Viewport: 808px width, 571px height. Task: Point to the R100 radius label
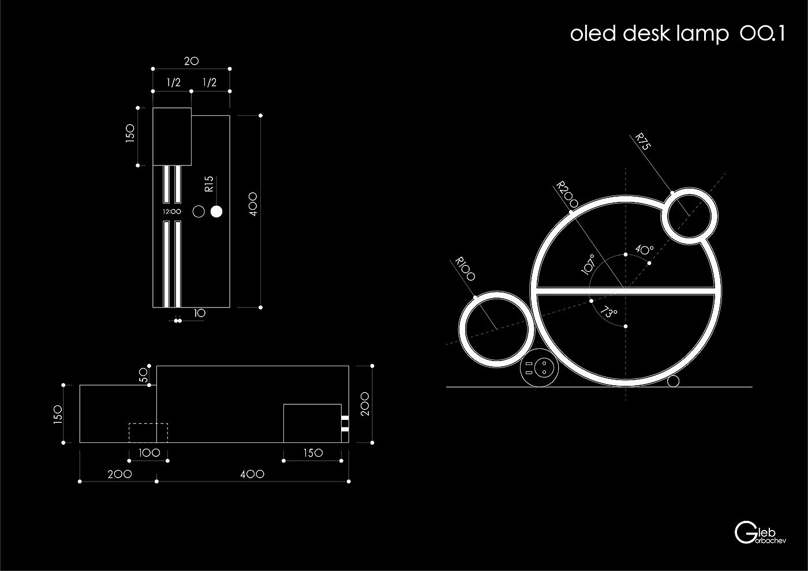click(465, 269)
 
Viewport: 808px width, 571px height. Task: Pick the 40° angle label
click(644, 250)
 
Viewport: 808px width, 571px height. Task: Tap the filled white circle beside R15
click(216, 212)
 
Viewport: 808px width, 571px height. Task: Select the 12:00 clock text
click(172, 212)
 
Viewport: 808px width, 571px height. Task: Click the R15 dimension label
click(209, 184)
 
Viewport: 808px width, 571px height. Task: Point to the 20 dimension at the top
click(191, 60)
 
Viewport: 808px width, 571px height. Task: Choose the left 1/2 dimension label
click(173, 82)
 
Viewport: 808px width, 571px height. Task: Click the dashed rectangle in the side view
click(148, 433)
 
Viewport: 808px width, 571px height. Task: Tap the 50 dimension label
click(143, 375)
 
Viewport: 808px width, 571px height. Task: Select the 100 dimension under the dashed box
click(149, 453)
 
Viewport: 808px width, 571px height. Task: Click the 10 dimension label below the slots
click(200, 313)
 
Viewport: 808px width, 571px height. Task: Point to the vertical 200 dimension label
click(364, 404)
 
